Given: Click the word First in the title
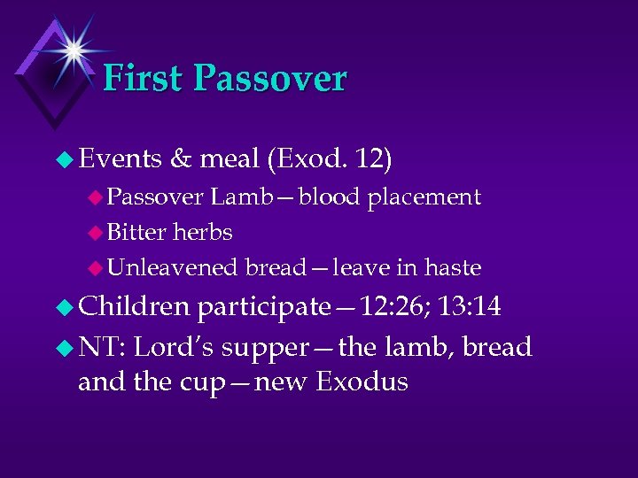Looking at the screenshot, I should (x=144, y=78).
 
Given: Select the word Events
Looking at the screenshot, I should (x=120, y=159).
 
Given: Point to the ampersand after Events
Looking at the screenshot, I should (x=180, y=159).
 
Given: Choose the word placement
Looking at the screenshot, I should (x=424, y=197).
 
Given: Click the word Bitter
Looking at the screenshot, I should (x=136, y=232).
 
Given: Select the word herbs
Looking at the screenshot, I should (x=203, y=232).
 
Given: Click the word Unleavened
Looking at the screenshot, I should (x=173, y=267).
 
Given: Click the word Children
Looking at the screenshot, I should (x=134, y=307).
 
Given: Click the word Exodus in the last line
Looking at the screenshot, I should (x=362, y=382).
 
